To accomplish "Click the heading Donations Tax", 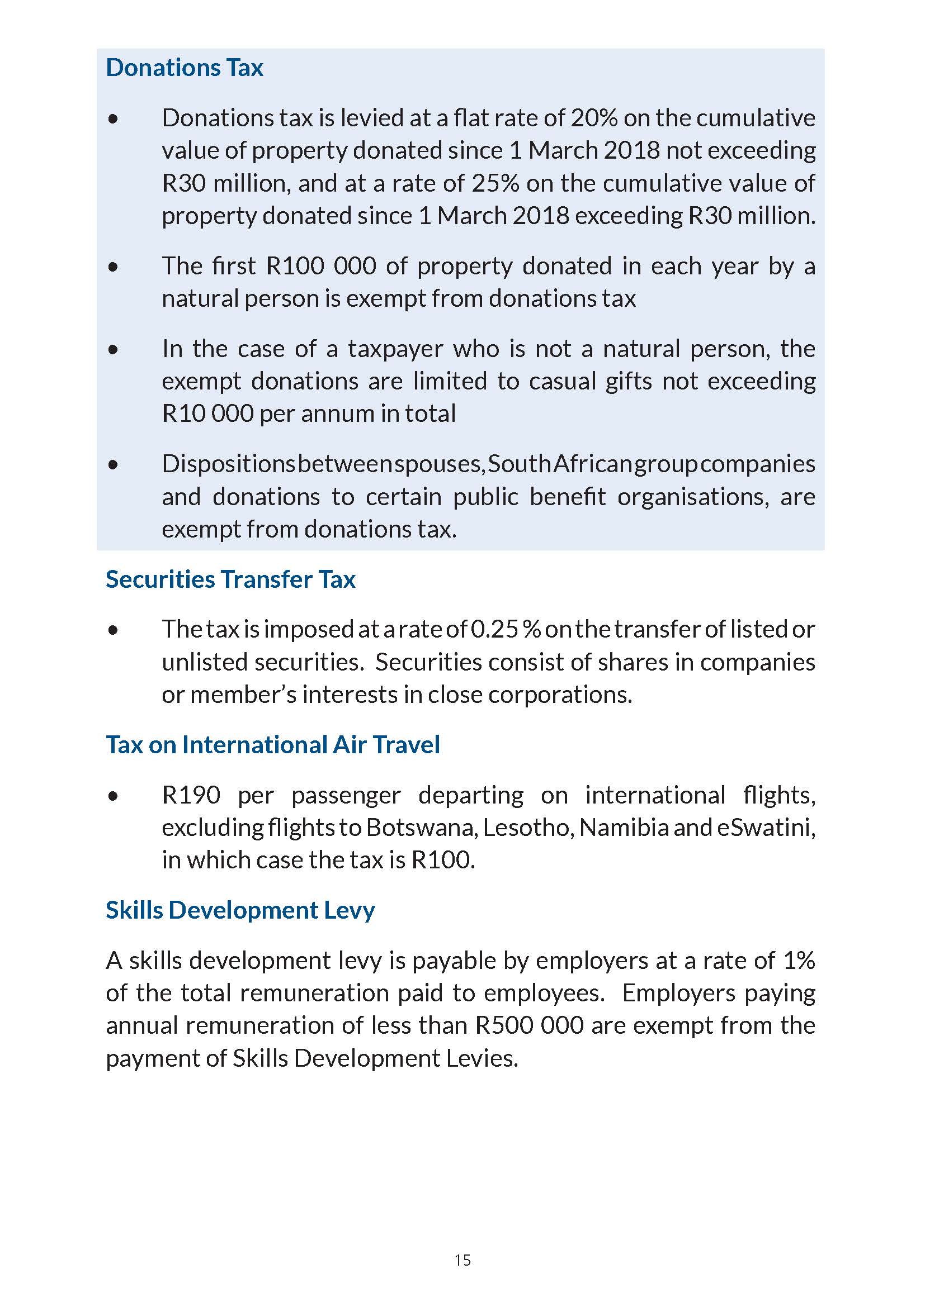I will click(x=185, y=68).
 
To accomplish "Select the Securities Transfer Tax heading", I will click(x=230, y=579).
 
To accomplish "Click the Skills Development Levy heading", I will click(x=240, y=910).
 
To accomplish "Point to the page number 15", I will click(x=463, y=1260).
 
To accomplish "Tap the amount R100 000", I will click(x=321, y=266).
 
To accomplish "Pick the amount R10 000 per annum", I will click(x=208, y=414).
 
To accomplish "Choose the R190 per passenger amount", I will click(x=191, y=795).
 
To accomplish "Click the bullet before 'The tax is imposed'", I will click(x=114, y=630).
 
